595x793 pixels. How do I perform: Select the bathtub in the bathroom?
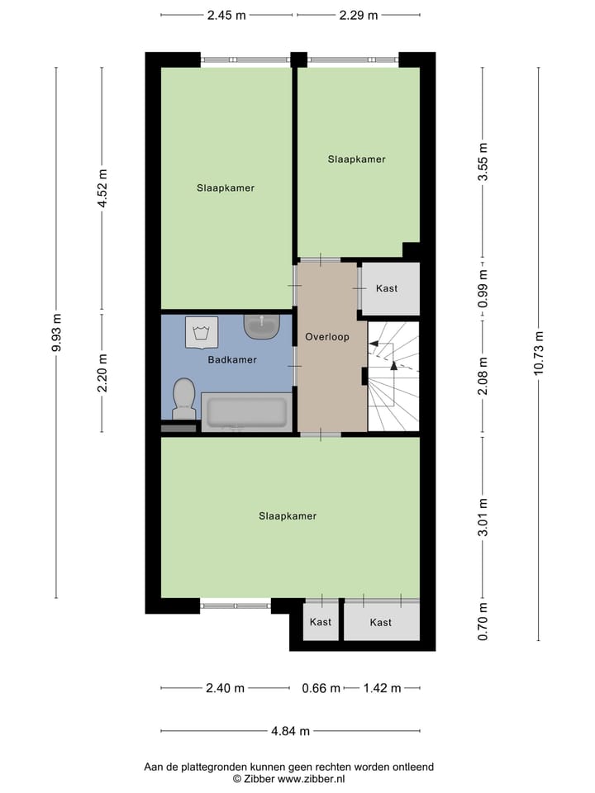tap(245, 413)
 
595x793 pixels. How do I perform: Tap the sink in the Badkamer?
tap(263, 326)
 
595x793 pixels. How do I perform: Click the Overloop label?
tap(327, 337)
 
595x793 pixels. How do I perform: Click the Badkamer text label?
tap(231, 360)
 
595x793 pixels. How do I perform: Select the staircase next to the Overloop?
tap(393, 377)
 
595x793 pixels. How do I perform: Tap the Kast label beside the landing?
tap(387, 288)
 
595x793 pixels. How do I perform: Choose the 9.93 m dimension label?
tap(56, 333)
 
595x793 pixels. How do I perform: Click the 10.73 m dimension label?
tap(539, 354)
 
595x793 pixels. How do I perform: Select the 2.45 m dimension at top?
tap(226, 15)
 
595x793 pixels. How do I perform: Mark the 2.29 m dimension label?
tap(359, 15)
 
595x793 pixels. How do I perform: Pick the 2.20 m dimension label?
tap(102, 373)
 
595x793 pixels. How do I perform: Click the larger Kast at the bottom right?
tap(381, 622)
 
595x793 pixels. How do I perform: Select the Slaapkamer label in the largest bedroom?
tap(288, 516)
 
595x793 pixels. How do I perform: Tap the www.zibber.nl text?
tap(312, 779)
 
